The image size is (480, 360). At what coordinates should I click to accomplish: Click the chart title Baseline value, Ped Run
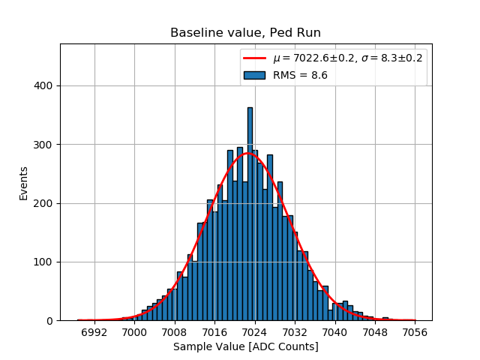click(245, 33)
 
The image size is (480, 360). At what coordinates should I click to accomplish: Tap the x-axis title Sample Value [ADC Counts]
click(245, 346)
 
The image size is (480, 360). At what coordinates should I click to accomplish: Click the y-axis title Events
click(24, 182)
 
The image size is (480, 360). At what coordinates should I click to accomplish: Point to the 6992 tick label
click(94, 331)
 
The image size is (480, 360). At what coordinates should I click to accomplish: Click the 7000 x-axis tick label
click(134, 331)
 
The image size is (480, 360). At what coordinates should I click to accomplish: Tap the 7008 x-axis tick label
click(175, 331)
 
